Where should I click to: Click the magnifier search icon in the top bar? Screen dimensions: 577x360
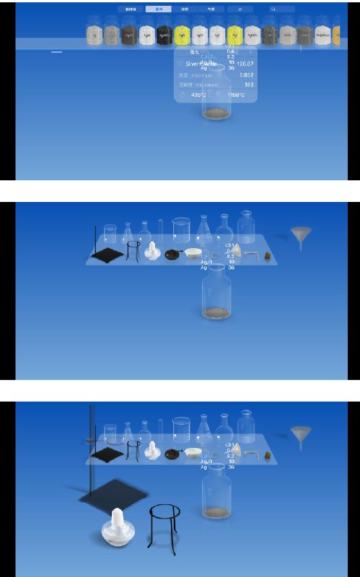[x=273, y=9]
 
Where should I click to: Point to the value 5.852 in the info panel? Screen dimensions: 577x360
[x=246, y=74]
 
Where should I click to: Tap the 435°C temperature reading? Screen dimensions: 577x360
[x=198, y=94]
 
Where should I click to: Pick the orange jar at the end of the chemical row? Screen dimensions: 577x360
[x=336, y=32]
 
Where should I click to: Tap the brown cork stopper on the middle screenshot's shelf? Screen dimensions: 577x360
[x=267, y=255]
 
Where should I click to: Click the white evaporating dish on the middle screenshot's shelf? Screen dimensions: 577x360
[x=193, y=252]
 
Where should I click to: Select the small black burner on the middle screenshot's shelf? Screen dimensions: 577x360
[x=173, y=254]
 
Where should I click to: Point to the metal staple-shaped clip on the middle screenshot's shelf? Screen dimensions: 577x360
[x=251, y=253]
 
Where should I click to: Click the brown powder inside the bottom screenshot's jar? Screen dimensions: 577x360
[x=216, y=512]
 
